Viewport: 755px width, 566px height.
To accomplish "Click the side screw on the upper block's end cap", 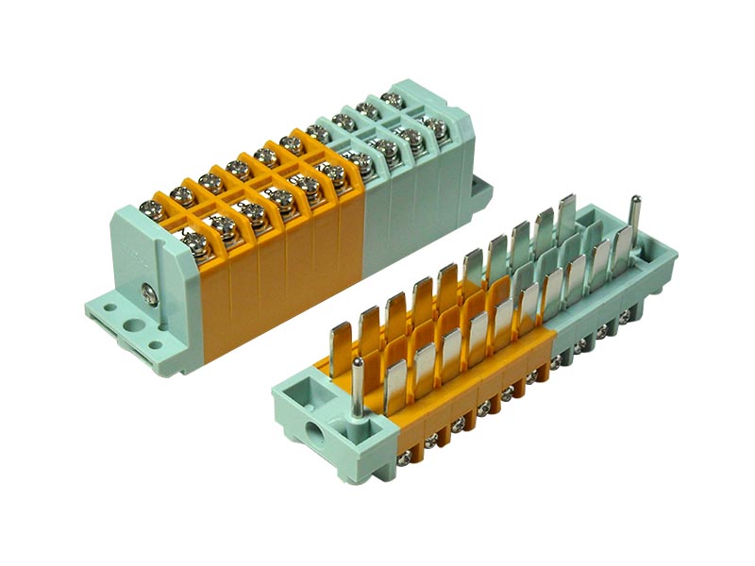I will pyautogui.click(x=149, y=294).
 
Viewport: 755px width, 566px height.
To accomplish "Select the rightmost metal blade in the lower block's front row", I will pyautogui.click(x=621, y=247).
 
